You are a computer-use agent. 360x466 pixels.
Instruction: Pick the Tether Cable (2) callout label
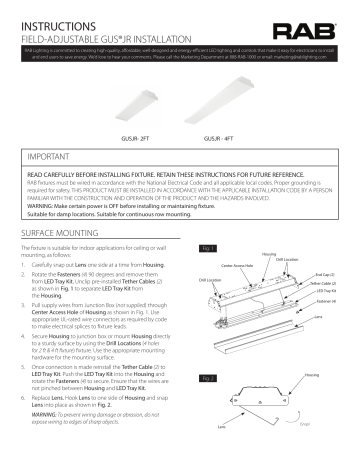coord(324,283)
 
